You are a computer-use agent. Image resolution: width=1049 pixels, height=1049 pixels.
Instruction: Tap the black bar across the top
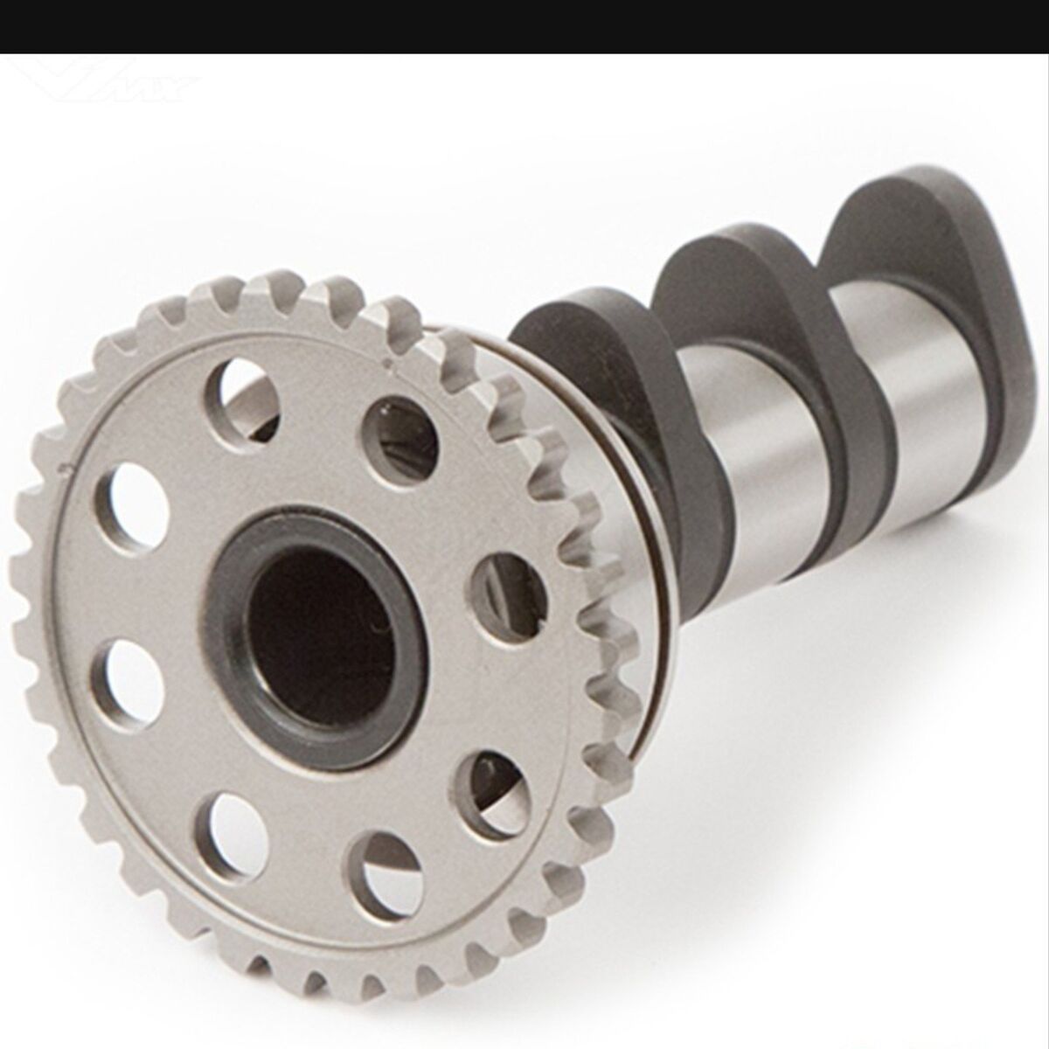click(524, 26)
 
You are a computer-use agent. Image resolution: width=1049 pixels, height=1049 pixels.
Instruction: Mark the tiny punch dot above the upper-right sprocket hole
click(386, 358)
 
